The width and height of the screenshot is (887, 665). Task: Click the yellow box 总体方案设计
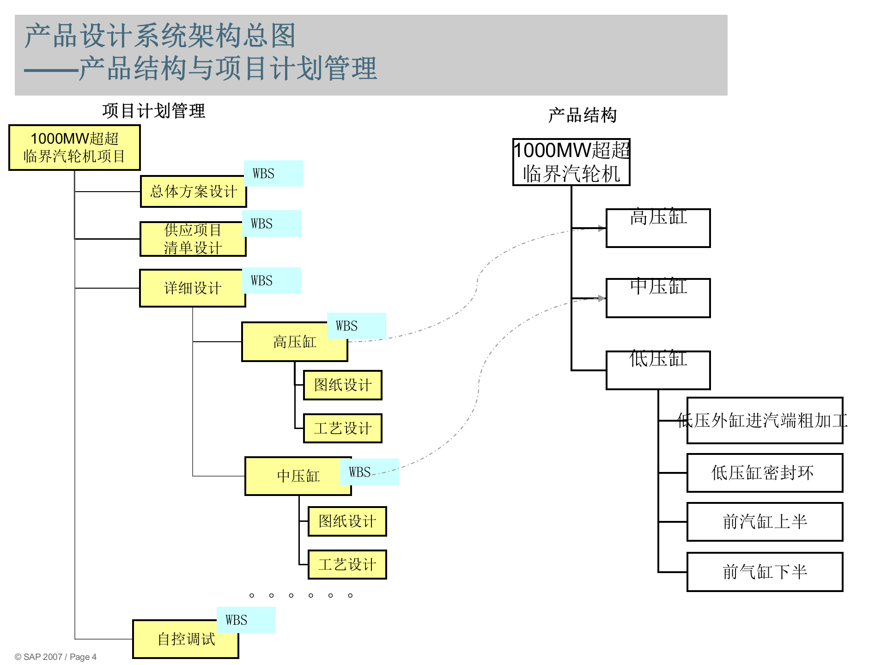pyautogui.click(x=193, y=192)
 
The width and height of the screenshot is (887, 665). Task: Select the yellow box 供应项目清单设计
pyautogui.click(x=193, y=239)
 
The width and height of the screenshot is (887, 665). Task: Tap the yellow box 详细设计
pyautogui.click(x=192, y=288)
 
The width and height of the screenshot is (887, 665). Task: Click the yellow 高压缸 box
pyautogui.click(x=294, y=342)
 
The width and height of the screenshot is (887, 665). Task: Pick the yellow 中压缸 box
pyautogui.click(x=298, y=476)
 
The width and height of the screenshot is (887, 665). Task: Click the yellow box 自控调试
pyautogui.click(x=186, y=639)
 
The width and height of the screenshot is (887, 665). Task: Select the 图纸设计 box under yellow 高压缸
pyautogui.click(x=342, y=385)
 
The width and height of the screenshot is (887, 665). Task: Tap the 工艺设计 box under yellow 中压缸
pyautogui.click(x=347, y=564)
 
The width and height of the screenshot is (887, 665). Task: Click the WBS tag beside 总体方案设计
pyautogui.click(x=273, y=174)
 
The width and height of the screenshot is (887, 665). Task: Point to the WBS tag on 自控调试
pyautogui.click(x=246, y=620)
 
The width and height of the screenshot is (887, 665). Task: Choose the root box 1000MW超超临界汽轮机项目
pyautogui.click(x=74, y=148)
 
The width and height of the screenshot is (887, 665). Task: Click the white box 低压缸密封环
pyautogui.click(x=765, y=473)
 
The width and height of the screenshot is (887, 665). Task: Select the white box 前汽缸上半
pyautogui.click(x=765, y=522)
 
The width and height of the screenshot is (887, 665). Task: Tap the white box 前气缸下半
pyautogui.click(x=765, y=572)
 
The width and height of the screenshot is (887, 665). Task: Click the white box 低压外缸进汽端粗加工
pyautogui.click(x=765, y=421)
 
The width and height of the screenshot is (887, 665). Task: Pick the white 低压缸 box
pyautogui.click(x=658, y=370)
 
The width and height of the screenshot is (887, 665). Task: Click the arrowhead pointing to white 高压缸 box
pyautogui.click(x=601, y=228)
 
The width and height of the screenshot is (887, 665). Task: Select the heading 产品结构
pyautogui.click(x=582, y=115)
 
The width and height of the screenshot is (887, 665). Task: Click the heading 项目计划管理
pyautogui.click(x=153, y=111)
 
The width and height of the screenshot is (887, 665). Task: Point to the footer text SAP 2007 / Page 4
pyautogui.click(x=55, y=657)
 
